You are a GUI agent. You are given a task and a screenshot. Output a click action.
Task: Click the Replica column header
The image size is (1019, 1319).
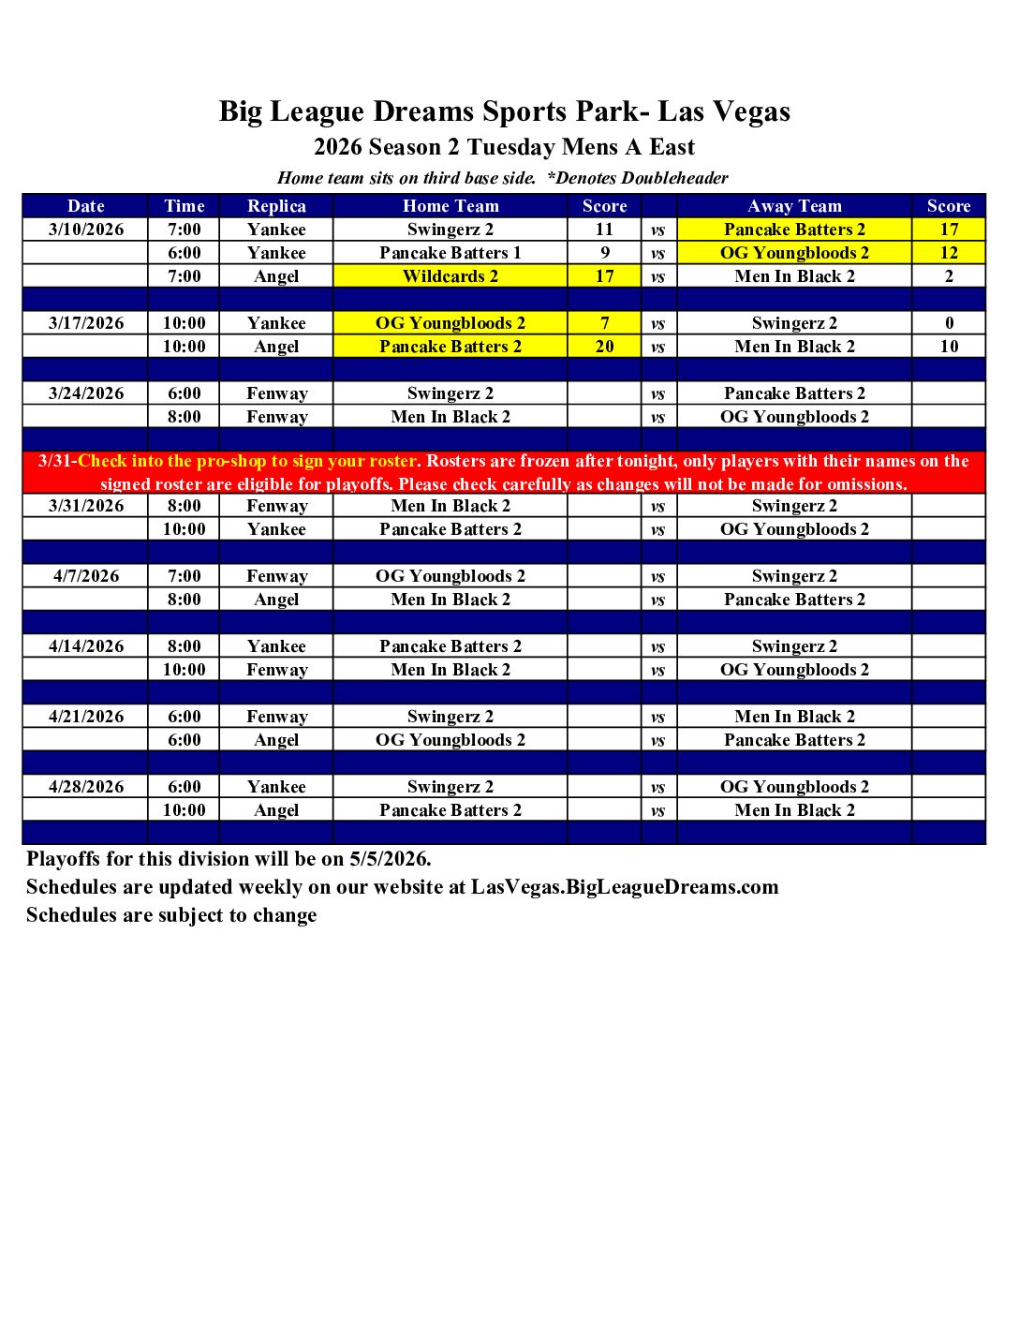coord(276,206)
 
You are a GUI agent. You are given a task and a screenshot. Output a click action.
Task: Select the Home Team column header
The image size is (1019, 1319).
coord(450,206)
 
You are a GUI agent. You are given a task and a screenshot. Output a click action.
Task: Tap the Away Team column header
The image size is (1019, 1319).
coord(794,206)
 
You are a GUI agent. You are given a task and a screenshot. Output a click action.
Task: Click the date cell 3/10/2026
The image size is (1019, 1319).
coord(86,230)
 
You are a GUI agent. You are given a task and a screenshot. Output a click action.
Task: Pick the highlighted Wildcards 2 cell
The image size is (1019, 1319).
coord(450,276)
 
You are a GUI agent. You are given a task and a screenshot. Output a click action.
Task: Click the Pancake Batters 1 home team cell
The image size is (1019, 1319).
coord(450,253)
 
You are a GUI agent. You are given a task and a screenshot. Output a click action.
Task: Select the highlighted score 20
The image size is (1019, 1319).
coord(605,347)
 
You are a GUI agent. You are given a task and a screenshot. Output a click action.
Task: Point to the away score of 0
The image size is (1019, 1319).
coord(949,323)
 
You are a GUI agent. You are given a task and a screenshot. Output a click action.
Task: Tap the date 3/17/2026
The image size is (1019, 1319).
coord(86,323)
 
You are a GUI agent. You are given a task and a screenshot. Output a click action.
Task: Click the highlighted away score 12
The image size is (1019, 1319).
coord(949,253)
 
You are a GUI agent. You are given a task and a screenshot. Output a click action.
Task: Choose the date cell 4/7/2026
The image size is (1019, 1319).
coord(86,576)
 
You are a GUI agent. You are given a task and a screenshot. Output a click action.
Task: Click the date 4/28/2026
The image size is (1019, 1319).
coord(86,787)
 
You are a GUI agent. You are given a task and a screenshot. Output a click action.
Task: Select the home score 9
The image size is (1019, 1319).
coord(605,253)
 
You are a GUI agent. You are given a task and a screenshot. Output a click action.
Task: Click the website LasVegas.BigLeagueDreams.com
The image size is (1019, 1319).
coord(625,887)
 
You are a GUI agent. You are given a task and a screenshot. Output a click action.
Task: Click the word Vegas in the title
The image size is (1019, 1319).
coord(749,111)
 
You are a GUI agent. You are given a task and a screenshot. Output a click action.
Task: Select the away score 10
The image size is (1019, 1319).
coord(949,347)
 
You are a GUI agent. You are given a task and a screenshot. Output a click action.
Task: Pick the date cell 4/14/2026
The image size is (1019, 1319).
coord(86,646)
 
